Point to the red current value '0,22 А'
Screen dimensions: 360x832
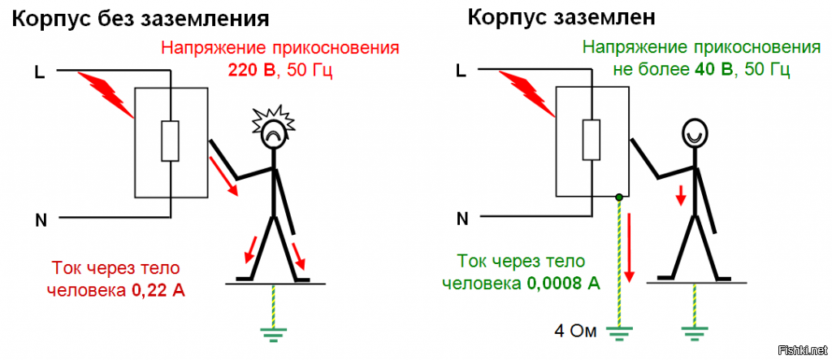[158, 288]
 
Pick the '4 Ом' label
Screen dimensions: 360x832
[575, 331]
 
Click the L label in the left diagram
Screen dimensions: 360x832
[39, 72]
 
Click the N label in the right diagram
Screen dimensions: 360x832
[462, 218]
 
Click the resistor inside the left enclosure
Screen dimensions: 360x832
[171, 141]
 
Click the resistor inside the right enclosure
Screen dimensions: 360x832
[592, 141]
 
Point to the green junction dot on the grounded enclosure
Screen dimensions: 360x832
[619, 197]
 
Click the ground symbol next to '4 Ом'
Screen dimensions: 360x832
[622, 331]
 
